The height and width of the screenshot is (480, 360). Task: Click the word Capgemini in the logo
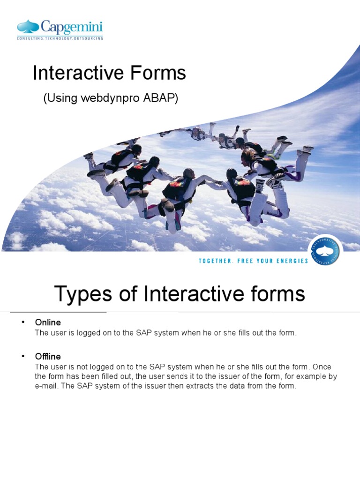(71, 27)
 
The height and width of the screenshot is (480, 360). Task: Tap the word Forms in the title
(158, 74)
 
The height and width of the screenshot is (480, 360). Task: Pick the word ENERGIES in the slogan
(293, 261)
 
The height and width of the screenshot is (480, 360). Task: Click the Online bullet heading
(48, 322)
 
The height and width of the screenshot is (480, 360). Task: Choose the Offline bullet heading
(48, 357)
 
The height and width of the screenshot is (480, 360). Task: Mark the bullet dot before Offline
(22, 357)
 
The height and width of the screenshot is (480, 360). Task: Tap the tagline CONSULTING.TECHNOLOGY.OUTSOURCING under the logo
(60, 38)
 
